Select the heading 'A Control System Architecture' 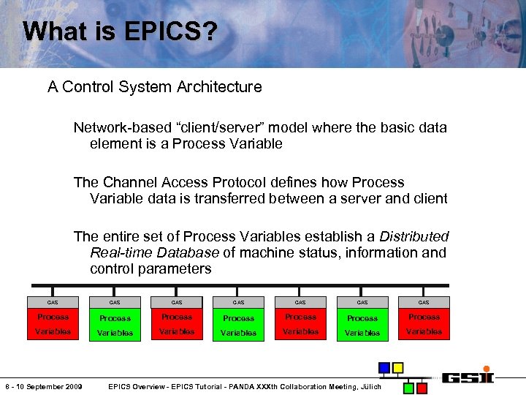(154, 87)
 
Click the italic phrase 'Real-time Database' (154, 252)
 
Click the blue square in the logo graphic (384, 367)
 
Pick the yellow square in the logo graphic (397, 367)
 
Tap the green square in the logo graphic (409, 387)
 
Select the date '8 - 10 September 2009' (43, 386)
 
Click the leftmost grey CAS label (53, 302)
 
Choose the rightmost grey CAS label (424, 302)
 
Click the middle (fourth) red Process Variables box (238, 326)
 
